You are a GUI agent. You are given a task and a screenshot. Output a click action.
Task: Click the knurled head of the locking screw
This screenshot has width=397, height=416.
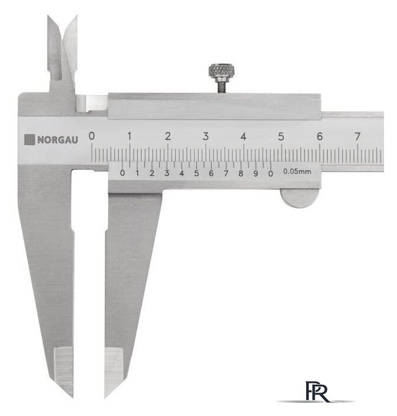tap(221, 71)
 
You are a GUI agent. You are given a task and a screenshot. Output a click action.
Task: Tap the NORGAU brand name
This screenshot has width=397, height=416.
tap(58, 140)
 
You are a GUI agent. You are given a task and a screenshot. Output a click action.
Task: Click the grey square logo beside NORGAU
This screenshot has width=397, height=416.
tap(29, 140)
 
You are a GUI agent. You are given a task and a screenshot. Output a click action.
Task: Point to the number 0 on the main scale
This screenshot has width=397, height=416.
tap(92, 136)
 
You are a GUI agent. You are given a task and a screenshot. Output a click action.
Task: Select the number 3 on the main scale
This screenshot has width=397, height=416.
tap(205, 136)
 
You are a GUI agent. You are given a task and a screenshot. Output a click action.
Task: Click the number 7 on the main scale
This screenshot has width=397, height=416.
tap(357, 136)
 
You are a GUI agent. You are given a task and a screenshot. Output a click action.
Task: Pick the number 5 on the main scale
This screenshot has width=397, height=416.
tap(281, 136)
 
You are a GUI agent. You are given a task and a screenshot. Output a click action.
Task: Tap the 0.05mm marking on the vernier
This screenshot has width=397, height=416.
tap(297, 172)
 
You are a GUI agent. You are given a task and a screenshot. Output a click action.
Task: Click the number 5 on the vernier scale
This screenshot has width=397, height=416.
tap(196, 174)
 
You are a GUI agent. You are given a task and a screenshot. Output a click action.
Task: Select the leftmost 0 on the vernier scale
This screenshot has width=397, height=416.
tap(122, 173)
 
